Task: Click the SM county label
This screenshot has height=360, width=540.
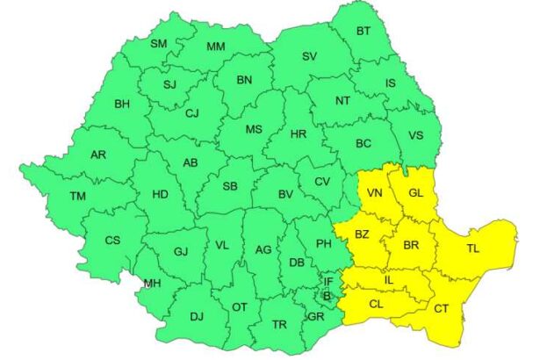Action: (x=159, y=44)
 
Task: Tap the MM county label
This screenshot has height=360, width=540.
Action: (x=215, y=47)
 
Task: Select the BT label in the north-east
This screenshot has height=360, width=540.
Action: (x=363, y=32)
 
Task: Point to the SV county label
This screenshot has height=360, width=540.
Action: (x=309, y=57)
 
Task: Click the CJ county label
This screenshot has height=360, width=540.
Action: (x=192, y=112)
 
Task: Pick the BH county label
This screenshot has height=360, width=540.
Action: (x=122, y=104)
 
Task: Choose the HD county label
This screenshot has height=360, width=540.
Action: (x=160, y=195)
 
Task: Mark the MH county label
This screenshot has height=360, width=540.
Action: (x=152, y=283)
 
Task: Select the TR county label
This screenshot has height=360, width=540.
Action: (x=279, y=325)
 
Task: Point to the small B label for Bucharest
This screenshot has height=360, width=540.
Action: (x=327, y=296)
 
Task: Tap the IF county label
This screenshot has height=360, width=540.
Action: (x=328, y=282)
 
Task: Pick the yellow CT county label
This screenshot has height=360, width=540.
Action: (x=441, y=308)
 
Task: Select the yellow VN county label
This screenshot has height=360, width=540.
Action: (x=375, y=193)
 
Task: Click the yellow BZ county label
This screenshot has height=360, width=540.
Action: (x=362, y=234)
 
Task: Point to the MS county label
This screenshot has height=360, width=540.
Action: (x=254, y=130)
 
